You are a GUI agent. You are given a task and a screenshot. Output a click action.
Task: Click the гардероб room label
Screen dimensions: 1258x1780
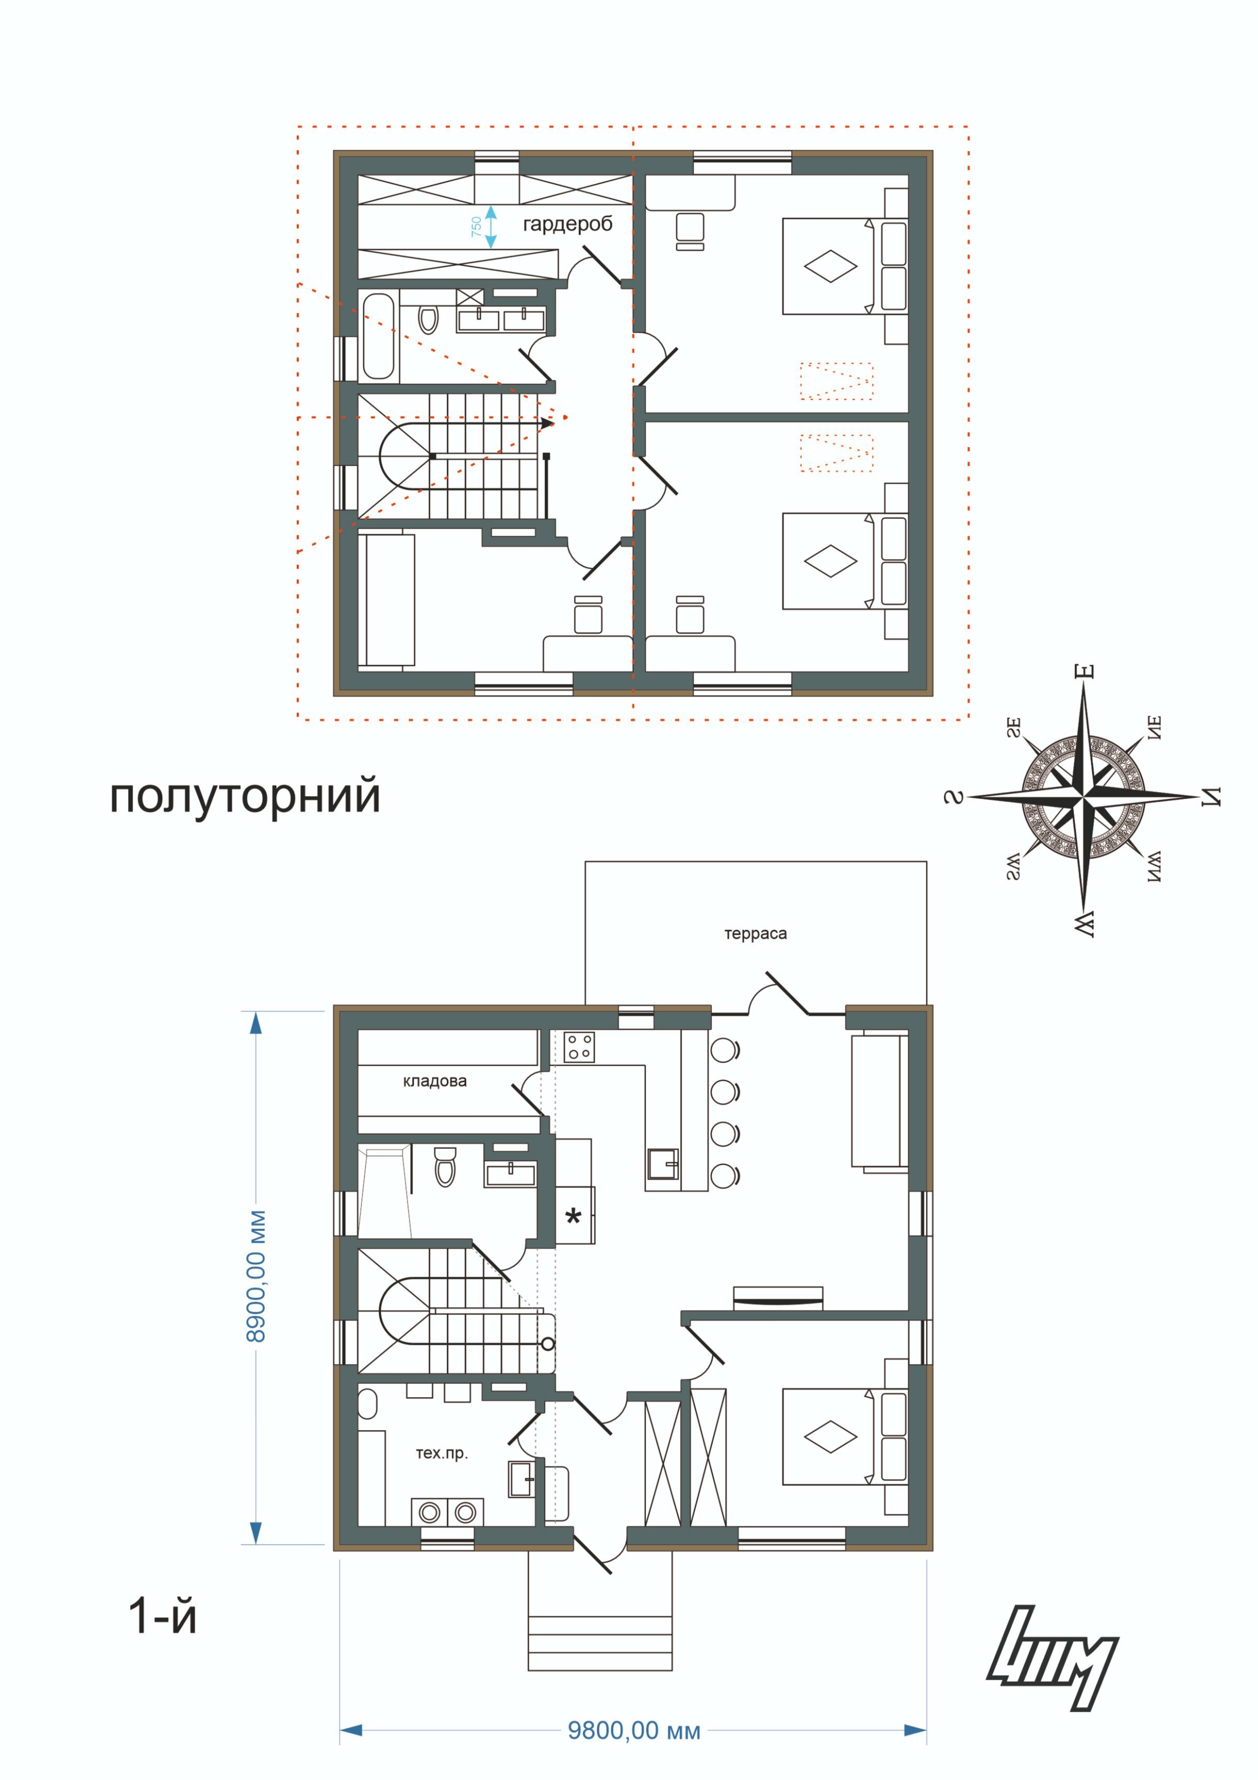(x=567, y=225)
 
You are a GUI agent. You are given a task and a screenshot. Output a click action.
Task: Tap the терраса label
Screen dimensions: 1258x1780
(x=755, y=934)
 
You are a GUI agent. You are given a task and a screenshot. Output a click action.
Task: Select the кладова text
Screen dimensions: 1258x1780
(x=435, y=1082)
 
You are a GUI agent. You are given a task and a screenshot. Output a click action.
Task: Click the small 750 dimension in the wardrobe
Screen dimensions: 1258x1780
(x=476, y=227)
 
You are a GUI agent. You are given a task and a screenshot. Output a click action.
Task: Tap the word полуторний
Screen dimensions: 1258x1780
(x=245, y=797)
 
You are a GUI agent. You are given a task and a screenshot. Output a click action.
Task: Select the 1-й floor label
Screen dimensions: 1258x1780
(x=162, y=1617)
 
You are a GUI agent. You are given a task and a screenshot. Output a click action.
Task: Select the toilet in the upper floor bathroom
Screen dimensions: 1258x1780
(x=428, y=318)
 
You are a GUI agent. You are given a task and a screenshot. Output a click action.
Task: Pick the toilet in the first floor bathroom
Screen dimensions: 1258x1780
(x=445, y=1167)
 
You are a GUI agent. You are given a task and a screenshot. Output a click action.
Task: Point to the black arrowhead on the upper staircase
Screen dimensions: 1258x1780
(x=547, y=424)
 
